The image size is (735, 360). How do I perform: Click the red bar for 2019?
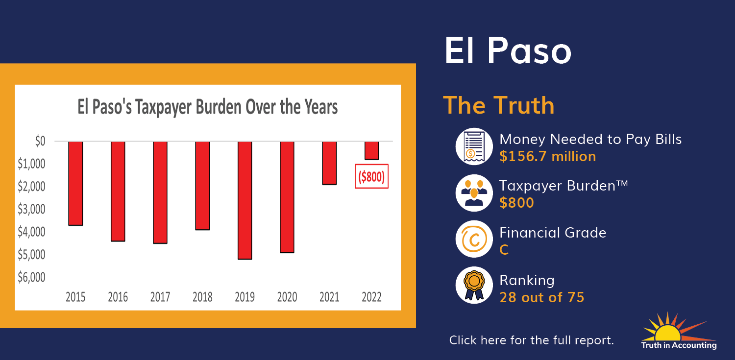(245, 200)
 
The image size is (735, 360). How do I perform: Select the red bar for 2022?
(372, 150)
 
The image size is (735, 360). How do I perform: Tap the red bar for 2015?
(75, 183)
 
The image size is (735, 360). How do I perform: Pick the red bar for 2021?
(329, 163)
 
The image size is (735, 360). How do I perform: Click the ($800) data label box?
(371, 176)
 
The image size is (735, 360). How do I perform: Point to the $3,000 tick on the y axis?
(31, 209)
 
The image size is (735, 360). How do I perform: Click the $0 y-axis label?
(40, 141)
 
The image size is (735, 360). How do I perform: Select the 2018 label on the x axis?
(202, 297)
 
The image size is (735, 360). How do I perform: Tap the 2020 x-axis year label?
(287, 297)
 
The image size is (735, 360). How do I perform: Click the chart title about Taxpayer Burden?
(207, 107)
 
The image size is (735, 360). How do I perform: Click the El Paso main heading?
(508, 50)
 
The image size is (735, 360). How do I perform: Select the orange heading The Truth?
(499, 105)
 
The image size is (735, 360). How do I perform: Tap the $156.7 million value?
(548, 156)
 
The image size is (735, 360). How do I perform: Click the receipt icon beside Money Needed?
(474, 146)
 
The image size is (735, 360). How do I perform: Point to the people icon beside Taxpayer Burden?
(474, 193)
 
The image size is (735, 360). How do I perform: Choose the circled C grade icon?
(474, 239)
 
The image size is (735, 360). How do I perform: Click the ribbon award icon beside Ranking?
(474, 285)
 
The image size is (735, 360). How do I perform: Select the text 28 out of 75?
(542, 297)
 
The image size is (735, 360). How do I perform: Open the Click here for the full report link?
(532, 340)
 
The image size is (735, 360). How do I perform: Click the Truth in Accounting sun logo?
(679, 331)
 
